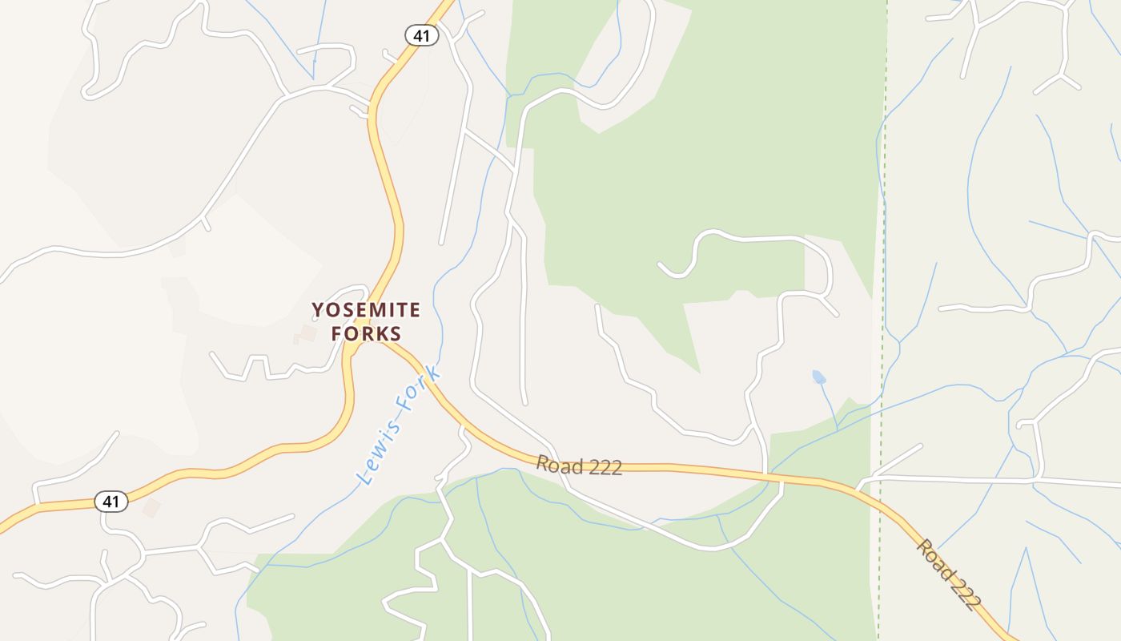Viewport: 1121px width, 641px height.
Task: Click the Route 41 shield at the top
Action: pyautogui.click(x=421, y=35)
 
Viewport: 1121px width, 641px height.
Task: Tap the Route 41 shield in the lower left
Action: pyautogui.click(x=111, y=502)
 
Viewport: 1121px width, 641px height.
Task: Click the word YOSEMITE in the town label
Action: pyautogui.click(x=366, y=310)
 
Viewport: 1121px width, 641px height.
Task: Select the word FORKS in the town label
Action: pyautogui.click(x=366, y=333)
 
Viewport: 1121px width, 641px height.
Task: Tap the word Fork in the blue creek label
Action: pyautogui.click(x=423, y=388)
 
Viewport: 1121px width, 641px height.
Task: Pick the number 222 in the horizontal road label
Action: pyautogui.click(x=605, y=468)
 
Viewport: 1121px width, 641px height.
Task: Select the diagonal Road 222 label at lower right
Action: pyautogui.click(x=949, y=575)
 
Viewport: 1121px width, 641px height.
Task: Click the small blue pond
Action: pyautogui.click(x=818, y=377)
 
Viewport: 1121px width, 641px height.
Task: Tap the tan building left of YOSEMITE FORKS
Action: pyautogui.click(x=307, y=333)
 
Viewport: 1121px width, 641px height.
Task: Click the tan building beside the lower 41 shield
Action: pyautogui.click(x=151, y=507)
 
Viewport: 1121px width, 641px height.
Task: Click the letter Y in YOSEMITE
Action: pyautogui.click(x=318, y=310)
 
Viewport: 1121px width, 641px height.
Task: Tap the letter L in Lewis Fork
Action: pyautogui.click(x=367, y=478)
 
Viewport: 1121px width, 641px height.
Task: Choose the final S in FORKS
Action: pyautogui.click(x=394, y=333)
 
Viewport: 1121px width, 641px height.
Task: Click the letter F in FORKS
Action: pyautogui.click(x=337, y=333)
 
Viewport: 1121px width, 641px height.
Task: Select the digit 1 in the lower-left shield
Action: pyautogui.click(x=117, y=502)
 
